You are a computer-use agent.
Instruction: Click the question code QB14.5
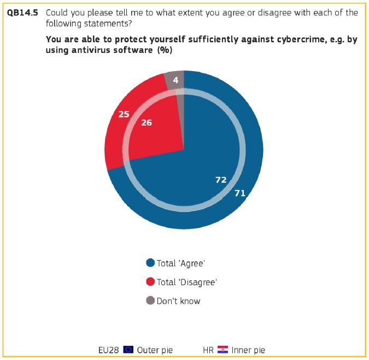pyautogui.click(x=22, y=13)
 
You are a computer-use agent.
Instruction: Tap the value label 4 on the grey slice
pyautogui.click(x=175, y=80)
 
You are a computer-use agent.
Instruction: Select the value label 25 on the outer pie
pyautogui.click(x=124, y=114)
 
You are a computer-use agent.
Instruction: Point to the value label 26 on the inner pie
pyautogui.click(x=147, y=122)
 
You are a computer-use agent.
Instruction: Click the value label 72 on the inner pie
pyautogui.click(x=221, y=180)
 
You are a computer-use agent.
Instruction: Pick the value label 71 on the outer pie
pyautogui.click(x=240, y=193)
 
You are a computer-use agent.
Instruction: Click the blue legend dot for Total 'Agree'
pyautogui.click(x=150, y=263)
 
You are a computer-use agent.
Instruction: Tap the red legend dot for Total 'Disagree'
pyautogui.click(x=150, y=281)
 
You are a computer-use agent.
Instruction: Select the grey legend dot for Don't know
pyautogui.click(x=150, y=300)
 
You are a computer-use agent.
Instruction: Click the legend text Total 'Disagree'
pyautogui.click(x=186, y=282)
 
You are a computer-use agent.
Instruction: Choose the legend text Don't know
pyautogui.click(x=178, y=301)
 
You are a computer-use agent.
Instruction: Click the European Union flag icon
pyautogui.click(x=128, y=350)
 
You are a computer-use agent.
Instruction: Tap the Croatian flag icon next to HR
pyautogui.click(x=222, y=350)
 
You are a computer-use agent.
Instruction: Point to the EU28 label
pyautogui.click(x=108, y=350)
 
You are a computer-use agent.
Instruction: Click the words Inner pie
pyautogui.click(x=248, y=350)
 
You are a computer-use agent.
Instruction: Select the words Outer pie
pyautogui.click(x=155, y=350)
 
